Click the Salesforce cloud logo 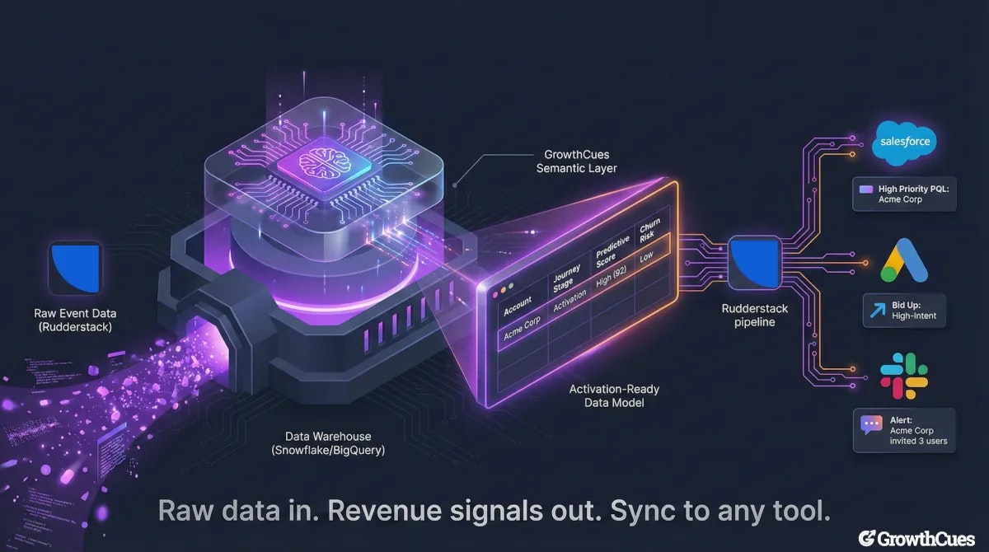pos(904,141)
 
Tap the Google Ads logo pos(904,260)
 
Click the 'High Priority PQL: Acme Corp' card pos(904,194)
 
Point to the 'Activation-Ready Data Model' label pos(613,395)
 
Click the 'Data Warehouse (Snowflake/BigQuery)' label pos(328,443)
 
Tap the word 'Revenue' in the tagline pos(388,511)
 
